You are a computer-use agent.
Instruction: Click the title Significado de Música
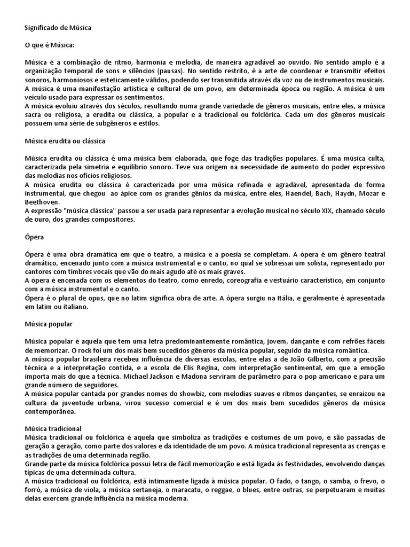58,27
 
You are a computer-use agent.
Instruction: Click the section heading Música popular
49,324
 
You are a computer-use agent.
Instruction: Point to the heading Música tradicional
53,428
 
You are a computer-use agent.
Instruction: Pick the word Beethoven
42,202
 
